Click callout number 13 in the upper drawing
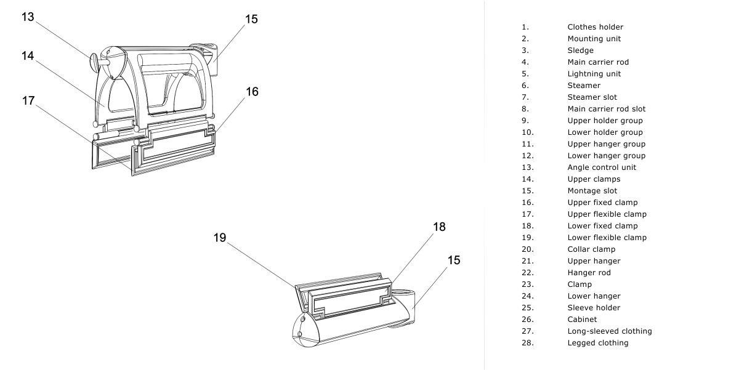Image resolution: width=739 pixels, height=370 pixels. click(x=28, y=17)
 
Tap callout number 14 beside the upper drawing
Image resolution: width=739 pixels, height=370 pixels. click(x=27, y=55)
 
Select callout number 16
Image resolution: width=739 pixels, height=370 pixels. click(x=252, y=92)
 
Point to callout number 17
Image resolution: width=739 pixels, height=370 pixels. click(x=28, y=100)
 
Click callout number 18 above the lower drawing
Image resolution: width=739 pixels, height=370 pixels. click(x=438, y=227)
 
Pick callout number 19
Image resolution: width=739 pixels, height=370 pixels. click(x=220, y=238)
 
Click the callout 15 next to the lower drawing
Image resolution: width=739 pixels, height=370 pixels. click(x=453, y=260)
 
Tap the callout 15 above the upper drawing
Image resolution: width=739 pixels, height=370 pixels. click(x=251, y=19)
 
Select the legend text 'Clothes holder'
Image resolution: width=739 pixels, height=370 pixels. click(x=595, y=27)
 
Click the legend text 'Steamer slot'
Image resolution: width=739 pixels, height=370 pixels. click(x=592, y=97)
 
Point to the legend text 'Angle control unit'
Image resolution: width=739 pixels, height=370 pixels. click(x=602, y=167)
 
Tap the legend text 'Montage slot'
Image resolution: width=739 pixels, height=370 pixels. click(x=592, y=191)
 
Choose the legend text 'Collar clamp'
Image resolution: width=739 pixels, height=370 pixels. click(x=591, y=249)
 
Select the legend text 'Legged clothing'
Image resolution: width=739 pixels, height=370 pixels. click(x=597, y=343)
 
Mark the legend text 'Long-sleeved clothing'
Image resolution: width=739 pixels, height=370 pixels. click(x=609, y=331)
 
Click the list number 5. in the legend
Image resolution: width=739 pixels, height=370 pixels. click(x=525, y=74)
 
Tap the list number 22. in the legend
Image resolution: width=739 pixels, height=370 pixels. click(x=527, y=273)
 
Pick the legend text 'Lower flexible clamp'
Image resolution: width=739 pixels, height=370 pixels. click(x=607, y=238)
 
